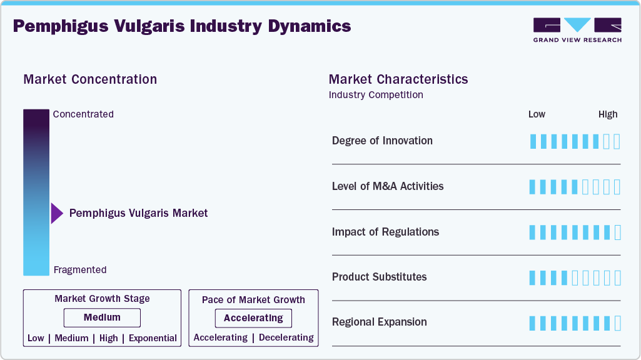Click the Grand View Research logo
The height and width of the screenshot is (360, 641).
click(577, 30)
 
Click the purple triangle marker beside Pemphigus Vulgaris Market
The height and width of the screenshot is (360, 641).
click(56, 213)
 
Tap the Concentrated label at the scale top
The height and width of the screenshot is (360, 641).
click(83, 114)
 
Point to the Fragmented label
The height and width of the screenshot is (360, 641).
click(80, 270)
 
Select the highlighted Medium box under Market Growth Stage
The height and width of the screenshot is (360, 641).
click(102, 317)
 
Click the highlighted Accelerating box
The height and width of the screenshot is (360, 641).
click(253, 318)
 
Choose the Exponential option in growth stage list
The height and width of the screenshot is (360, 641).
click(153, 338)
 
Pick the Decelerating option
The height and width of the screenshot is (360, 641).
click(286, 337)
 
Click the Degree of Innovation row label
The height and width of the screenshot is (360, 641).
click(382, 141)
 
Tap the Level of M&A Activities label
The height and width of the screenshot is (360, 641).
click(388, 186)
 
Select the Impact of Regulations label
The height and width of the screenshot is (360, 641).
click(385, 232)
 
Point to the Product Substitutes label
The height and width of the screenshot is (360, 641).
click(379, 277)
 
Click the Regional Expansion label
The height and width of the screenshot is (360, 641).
click(379, 322)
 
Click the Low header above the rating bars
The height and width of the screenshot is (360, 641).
click(537, 114)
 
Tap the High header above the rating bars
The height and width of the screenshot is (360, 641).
click(608, 114)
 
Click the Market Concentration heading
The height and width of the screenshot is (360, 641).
click(90, 79)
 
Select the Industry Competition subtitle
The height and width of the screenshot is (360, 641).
click(376, 95)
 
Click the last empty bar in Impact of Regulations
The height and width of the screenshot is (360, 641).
click(617, 232)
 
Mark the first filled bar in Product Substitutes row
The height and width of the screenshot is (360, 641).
click(533, 277)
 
